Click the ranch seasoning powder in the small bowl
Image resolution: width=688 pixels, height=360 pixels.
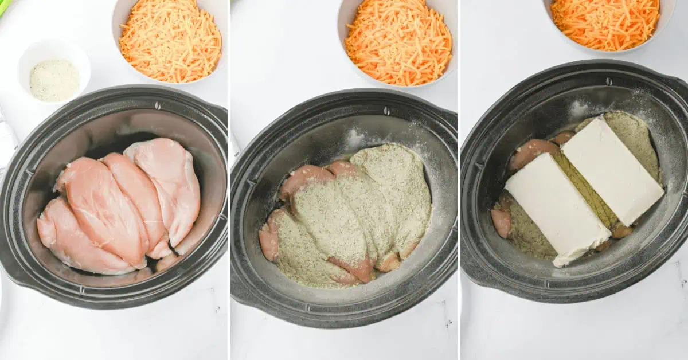pos(54,80)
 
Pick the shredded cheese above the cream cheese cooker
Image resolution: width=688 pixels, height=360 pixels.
pos(605,23)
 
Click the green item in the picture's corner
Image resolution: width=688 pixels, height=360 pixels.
pos(5,6)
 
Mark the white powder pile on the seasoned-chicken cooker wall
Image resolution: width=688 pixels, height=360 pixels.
pos(355,138)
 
